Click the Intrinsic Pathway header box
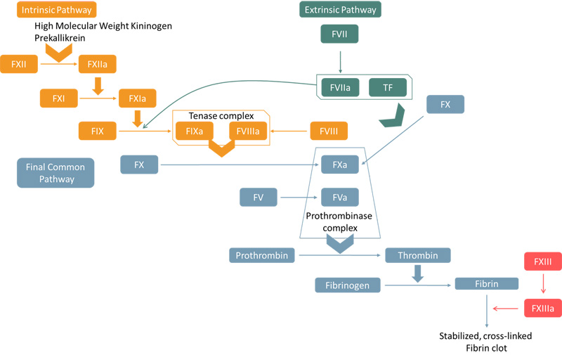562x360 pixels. tap(56, 10)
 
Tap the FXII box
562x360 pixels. tap(19, 65)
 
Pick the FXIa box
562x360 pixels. tap(138, 98)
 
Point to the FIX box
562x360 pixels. tap(98, 131)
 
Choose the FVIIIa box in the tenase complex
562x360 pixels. tap(248, 131)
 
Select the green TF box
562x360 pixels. tap(388, 87)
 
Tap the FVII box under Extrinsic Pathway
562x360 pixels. tap(339, 34)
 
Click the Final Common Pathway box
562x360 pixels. tap(55, 173)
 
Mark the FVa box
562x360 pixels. tap(340, 198)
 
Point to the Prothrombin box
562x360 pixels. tap(261, 255)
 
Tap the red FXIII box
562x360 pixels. tap(542, 262)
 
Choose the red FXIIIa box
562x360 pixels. tap(542, 308)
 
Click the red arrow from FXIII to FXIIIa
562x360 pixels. tap(542, 285)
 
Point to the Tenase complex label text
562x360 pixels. tap(221, 115)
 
